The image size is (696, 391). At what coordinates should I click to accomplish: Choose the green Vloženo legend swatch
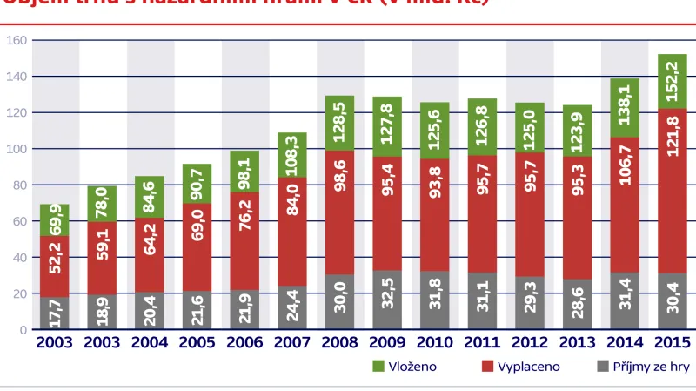pos(378,367)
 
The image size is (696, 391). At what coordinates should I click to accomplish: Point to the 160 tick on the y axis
pos(16,40)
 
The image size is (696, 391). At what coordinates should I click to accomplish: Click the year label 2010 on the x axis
pos(435,343)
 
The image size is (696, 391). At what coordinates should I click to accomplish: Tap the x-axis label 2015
pos(672,343)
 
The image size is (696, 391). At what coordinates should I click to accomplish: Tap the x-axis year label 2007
pos(292,343)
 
